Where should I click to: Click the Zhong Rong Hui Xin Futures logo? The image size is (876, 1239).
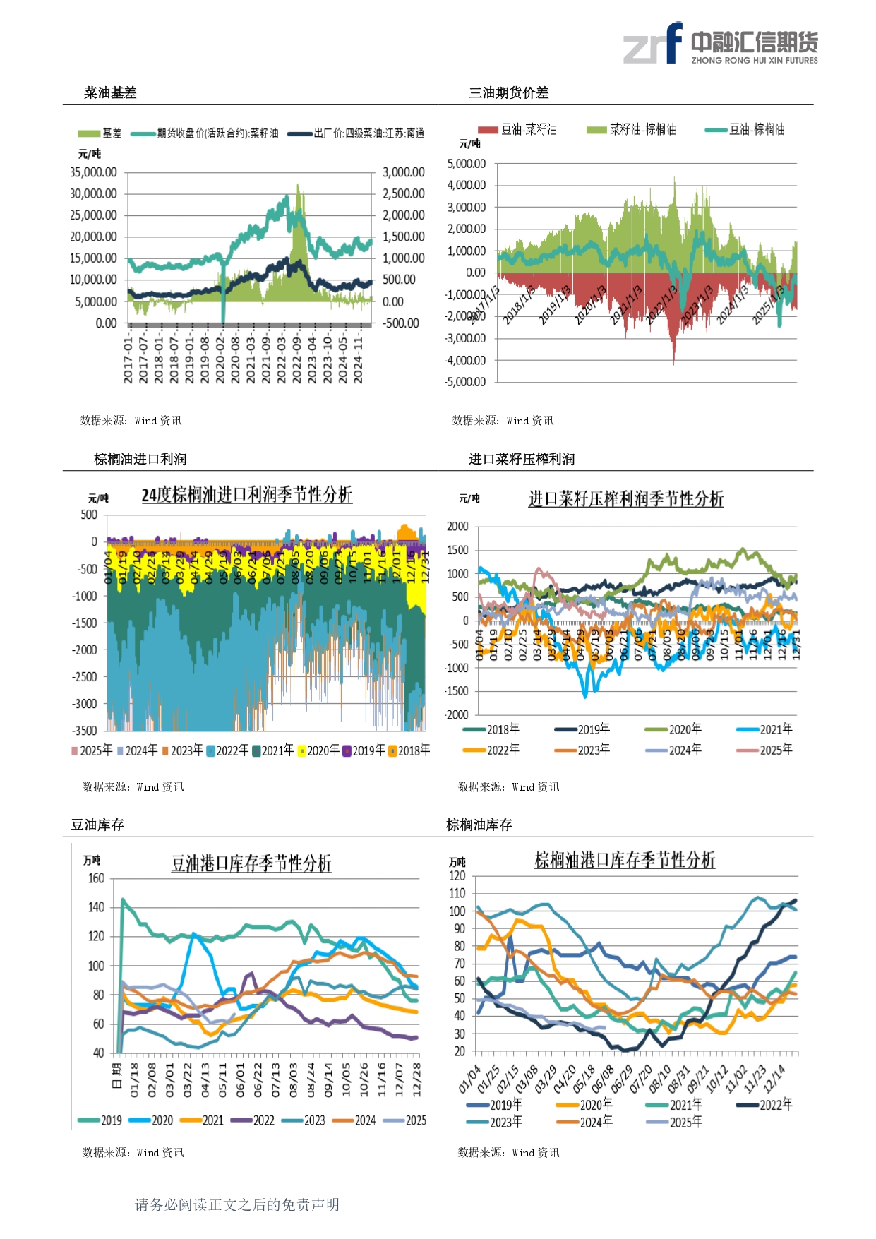coord(720,44)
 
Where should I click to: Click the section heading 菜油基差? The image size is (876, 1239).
coord(110,92)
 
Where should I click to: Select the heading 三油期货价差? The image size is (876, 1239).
coord(508,92)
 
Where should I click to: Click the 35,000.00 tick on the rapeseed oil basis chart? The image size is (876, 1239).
coord(93,172)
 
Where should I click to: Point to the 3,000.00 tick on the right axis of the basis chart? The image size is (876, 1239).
coord(403,172)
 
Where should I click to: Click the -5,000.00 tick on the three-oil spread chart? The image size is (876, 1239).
coord(466,382)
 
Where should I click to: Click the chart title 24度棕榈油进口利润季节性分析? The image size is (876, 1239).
coord(246,495)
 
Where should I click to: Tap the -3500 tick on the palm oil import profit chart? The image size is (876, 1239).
coord(85,730)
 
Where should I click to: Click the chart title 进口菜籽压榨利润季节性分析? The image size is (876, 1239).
coord(626,499)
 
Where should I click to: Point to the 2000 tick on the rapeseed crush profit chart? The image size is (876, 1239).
coord(457,527)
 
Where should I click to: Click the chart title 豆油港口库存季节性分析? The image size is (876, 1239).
coord(251,863)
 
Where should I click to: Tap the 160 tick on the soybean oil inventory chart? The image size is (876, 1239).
coord(96,879)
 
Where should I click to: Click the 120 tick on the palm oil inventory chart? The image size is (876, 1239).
coord(457,876)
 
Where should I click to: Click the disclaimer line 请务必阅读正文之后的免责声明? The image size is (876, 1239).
coord(237,1204)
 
